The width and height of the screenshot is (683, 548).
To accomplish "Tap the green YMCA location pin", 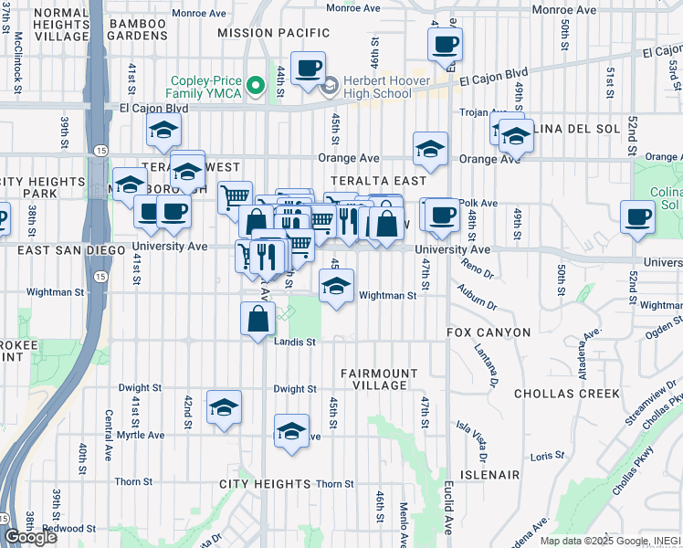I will click(x=257, y=86).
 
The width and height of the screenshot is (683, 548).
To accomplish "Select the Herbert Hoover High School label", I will click(x=377, y=87).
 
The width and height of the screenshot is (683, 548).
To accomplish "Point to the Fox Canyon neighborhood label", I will click(x=488, y=332).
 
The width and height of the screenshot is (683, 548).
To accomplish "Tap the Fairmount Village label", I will click(x=373, y=379).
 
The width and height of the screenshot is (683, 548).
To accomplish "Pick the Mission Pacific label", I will click(x=261, y=32).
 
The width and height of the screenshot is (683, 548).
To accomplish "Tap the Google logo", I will click(x=31, y=537).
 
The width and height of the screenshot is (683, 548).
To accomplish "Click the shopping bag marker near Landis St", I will click(x=258, y=318).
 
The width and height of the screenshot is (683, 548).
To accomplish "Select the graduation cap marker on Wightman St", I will click(x=336, y=288).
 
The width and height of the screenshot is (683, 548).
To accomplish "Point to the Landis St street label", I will click(x=295, y=342).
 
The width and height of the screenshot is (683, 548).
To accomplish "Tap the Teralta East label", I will click(x=367, y=181).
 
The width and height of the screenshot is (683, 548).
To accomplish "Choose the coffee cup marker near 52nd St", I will click(x=637, y=217).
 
